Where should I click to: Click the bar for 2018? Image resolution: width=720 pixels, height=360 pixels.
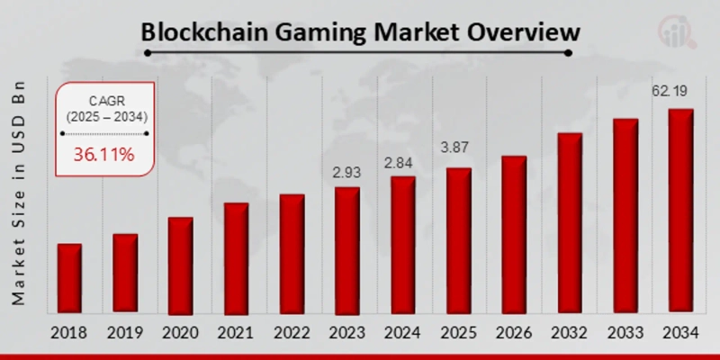(x=69, y=278)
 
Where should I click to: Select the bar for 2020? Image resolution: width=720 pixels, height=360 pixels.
(x=180, y=265)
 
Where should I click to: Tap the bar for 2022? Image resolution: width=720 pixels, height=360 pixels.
(x=292, y=253)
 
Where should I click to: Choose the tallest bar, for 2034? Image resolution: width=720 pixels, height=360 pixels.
(x=680, y=211)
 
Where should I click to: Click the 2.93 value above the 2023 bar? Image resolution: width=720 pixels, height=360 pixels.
(x=347, y=171)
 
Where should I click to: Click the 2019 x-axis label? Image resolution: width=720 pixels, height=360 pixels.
(x=124, y=333)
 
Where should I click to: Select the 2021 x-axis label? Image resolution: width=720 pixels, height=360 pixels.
(x=236, y=333)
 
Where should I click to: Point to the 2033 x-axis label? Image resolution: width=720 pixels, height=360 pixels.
(x=625, y=333)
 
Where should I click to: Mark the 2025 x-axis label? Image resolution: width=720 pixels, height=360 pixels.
(x=458, y=333)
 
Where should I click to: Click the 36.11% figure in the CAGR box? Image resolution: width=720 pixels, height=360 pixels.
(x=103, y=155)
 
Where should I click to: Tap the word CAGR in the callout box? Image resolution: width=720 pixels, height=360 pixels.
(x=105, y=100)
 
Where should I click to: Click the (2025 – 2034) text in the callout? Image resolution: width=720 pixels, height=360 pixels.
(x=105, y=117)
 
